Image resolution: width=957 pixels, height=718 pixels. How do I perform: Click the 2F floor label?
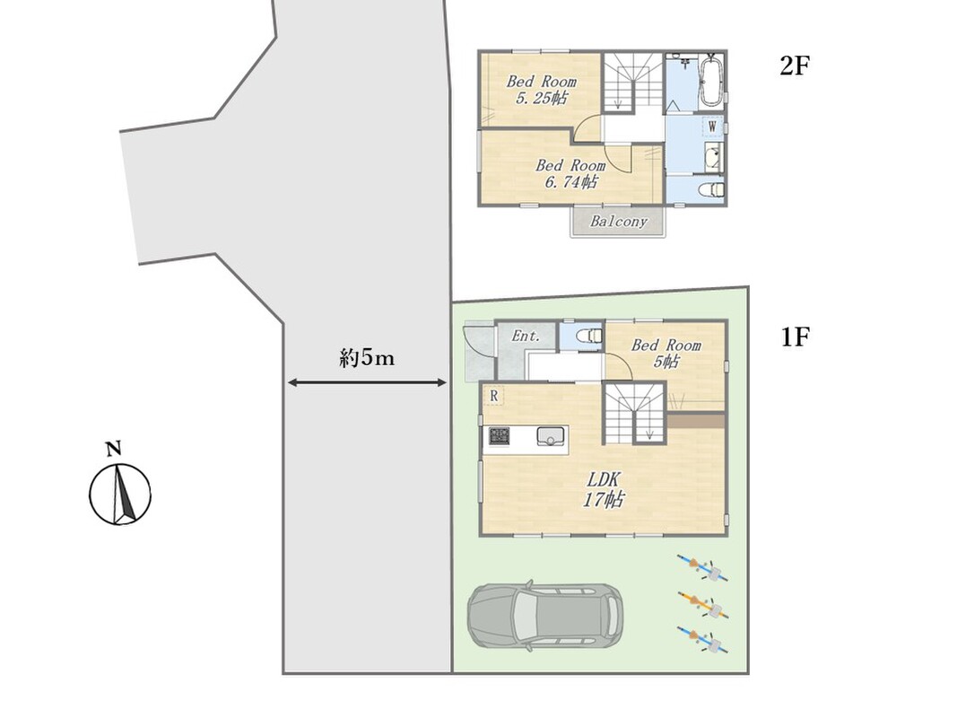[794, 66]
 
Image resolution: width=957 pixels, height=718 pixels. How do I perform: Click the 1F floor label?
[796, 337]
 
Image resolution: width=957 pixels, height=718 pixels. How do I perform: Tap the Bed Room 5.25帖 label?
[542, 90]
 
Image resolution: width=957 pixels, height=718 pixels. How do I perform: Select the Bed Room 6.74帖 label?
[570, 173]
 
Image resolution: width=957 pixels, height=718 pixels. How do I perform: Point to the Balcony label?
[618, 221]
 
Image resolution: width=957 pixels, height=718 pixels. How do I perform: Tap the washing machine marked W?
[711, 127]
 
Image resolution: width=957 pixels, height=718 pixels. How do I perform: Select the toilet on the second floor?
[711, 189]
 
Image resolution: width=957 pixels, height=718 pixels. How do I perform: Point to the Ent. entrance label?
[526, 336]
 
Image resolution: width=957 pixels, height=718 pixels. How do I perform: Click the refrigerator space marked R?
[494, 396]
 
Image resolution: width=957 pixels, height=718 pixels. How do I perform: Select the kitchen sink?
[551, 436]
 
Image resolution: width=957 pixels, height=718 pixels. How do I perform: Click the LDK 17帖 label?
[604, 490]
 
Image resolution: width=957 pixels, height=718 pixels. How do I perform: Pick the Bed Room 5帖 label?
[666, 354]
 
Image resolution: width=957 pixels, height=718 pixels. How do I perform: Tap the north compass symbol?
[120, 494]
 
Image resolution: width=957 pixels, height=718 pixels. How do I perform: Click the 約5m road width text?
[367, 358]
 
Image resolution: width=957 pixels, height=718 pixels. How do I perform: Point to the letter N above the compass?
[114, 450]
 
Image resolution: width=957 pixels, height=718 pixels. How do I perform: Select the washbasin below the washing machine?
[712, 158]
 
